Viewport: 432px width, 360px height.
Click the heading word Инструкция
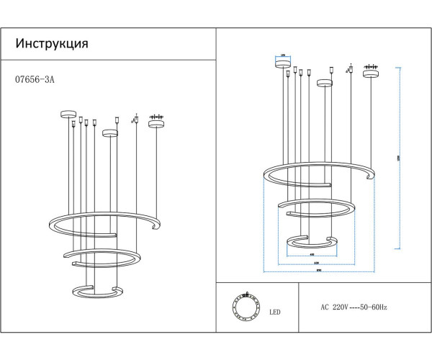tap(52, 43)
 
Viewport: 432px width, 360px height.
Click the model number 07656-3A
tap(35, 81)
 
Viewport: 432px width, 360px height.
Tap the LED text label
tap(274, 312)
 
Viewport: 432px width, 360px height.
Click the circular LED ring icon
tap(245, 307)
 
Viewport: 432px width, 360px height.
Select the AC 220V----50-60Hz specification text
tap(354, 307)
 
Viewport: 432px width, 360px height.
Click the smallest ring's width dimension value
tap(311, 255)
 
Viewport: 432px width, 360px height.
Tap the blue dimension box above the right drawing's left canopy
tap(283, 55)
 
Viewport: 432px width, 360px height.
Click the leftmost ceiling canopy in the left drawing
tap(68, 113)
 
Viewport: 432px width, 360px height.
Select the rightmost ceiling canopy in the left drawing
tap(156, 123)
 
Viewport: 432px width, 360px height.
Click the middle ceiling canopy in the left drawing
tap(109, 132)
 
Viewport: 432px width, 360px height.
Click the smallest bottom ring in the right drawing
tap(310, 242)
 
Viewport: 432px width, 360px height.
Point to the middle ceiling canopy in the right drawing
tap(325, 83)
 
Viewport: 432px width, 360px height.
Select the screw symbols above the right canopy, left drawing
tap(156, 116)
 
